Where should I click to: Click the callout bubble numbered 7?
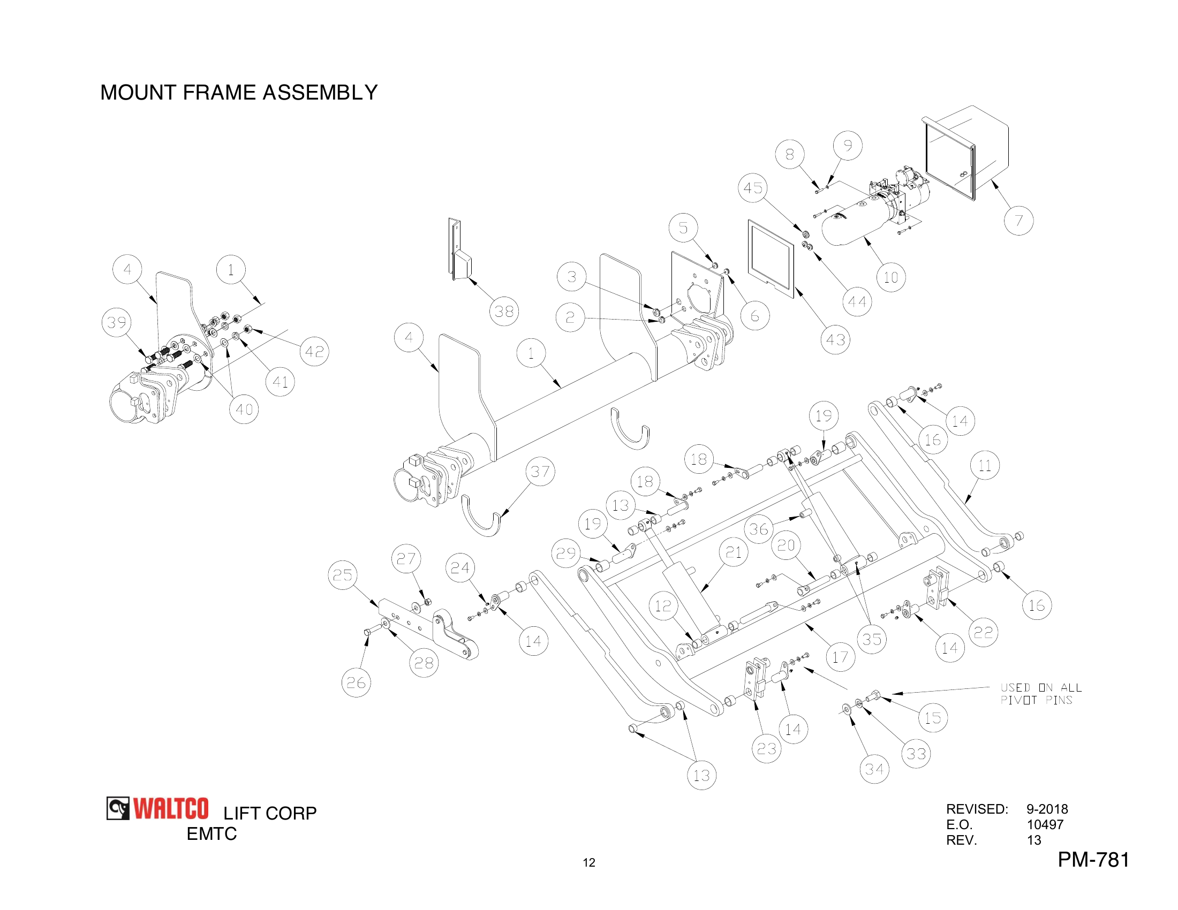1018,221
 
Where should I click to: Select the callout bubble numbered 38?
504,311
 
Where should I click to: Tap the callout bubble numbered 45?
753,187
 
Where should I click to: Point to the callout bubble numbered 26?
356,682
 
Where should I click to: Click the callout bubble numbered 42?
314,352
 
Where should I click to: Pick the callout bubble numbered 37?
540,471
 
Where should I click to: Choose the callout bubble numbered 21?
733,551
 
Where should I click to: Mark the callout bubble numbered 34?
874,769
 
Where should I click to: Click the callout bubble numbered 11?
984,465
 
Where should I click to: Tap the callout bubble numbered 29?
565,553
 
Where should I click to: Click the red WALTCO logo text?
170,809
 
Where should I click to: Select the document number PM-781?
1093,859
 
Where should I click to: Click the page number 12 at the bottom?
588,862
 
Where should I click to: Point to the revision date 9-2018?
1046,809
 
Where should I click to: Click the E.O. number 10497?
1045,824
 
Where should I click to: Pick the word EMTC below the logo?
212,833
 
